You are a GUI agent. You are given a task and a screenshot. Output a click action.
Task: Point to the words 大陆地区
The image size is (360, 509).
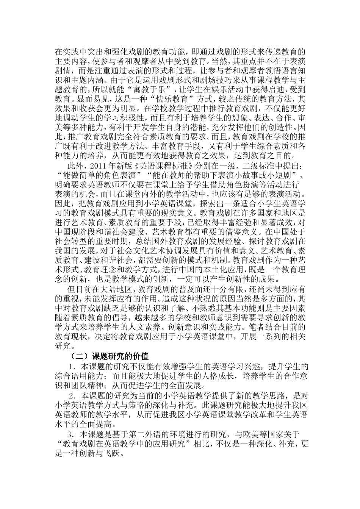click(113, 290)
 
